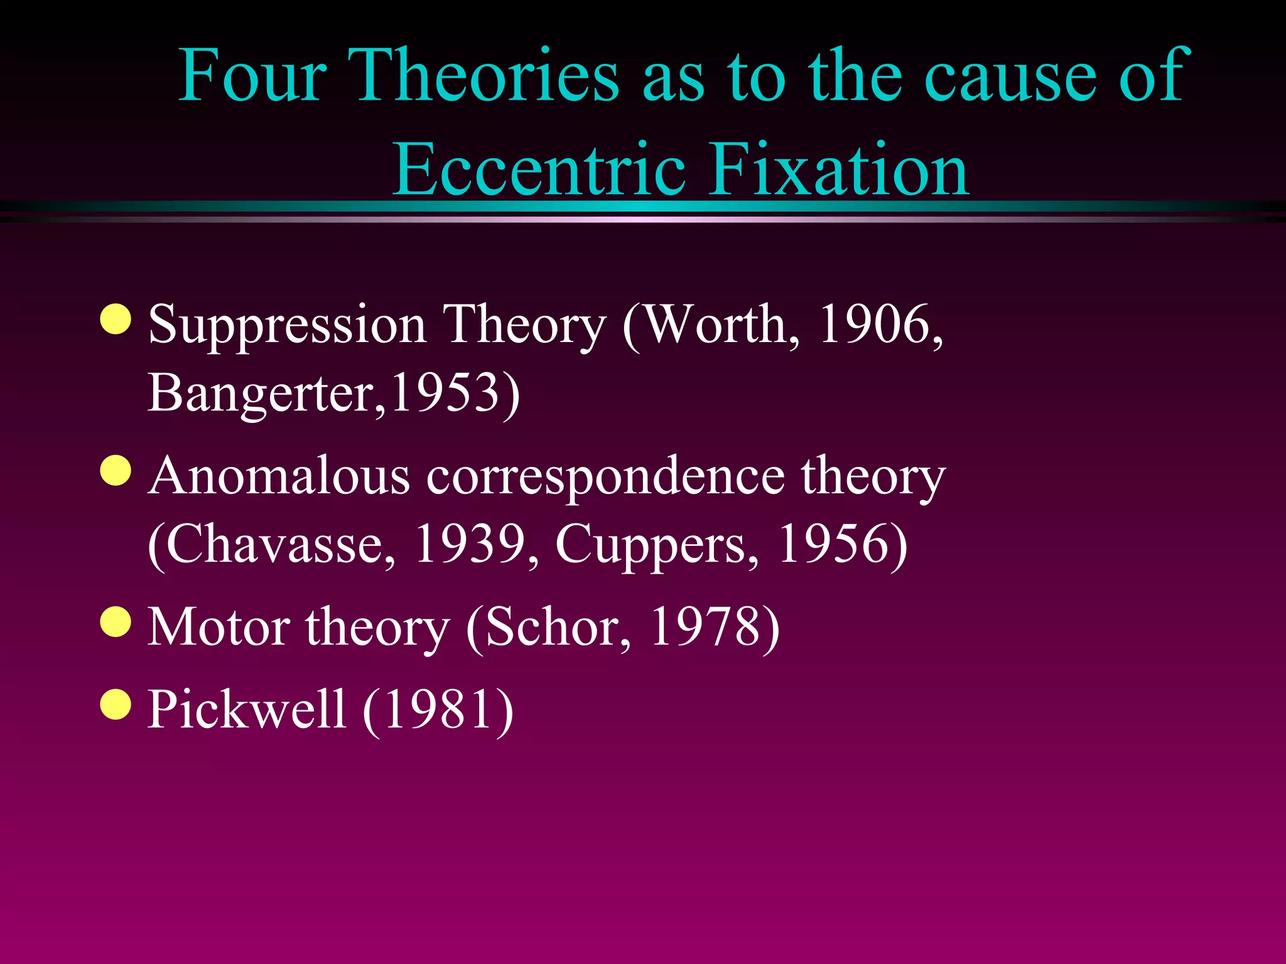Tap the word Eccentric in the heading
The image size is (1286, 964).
click(x=539, y=169)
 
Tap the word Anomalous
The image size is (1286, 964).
click(x=279, y=476)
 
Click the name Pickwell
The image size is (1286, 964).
click(x=246, y=709)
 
